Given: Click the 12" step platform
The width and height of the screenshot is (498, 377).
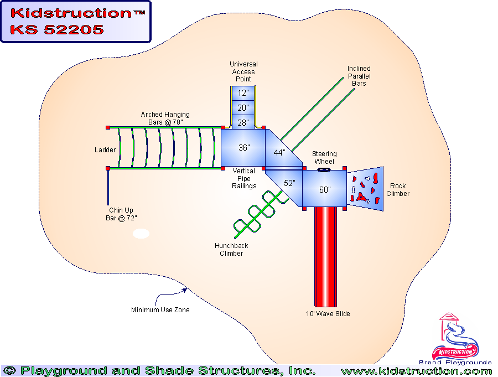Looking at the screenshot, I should (x=243, y=93).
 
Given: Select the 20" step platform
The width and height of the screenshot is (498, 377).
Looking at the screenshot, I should (x=243, y=107).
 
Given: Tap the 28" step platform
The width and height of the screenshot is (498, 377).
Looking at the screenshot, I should (x=243, y=122).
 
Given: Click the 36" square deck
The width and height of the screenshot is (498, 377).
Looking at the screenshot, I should (x=243, y=147).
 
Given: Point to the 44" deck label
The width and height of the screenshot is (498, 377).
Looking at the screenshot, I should (x=279, y=153).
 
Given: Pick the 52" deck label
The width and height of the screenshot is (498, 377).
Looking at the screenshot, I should (x=290, y=183).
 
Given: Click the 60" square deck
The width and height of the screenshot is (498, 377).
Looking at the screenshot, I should (x=325, y=189).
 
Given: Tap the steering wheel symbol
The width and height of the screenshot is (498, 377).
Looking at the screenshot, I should (x=324, y=170).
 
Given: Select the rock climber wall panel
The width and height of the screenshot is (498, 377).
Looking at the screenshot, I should (x=365, y=187).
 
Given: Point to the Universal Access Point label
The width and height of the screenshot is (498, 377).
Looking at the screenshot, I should (x=243, y=71).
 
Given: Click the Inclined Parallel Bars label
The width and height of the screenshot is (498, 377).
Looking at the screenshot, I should (x=359, y=76).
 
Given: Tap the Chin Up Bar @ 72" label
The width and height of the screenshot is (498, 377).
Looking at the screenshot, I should (x=123, y=214).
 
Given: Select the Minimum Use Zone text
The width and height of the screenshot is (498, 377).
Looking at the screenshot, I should (x=160, y=310).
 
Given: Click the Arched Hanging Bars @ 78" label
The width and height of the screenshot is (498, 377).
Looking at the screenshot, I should (x=162, y=118).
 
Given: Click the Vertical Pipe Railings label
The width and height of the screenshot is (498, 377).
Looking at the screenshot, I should (x=244, y=179).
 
